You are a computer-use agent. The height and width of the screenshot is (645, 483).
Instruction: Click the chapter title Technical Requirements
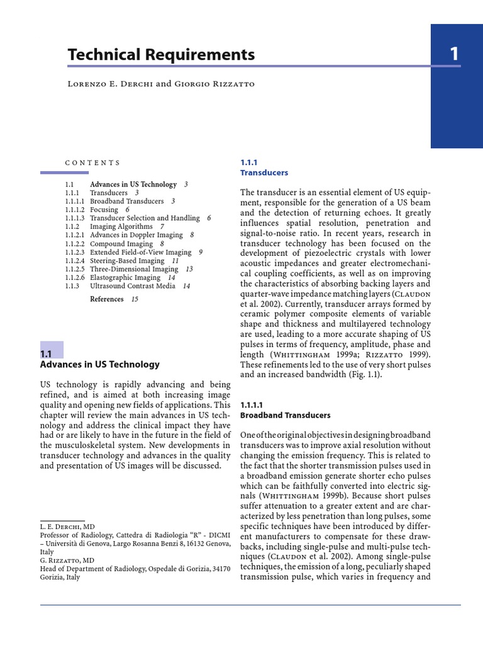point(161,55)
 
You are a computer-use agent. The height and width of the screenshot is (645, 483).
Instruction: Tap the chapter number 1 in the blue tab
point(454,55)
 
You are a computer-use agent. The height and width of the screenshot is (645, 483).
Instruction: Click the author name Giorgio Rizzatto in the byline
point(218,84)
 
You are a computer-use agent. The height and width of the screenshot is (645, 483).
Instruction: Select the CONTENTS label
point(92,163)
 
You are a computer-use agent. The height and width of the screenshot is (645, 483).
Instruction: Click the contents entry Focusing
point(104,210)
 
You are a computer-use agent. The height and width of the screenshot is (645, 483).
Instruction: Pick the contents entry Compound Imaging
point(121,244)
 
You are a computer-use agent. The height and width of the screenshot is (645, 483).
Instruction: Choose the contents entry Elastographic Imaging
point(125,277)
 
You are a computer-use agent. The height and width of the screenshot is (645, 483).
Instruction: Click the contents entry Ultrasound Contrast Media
point(133,286)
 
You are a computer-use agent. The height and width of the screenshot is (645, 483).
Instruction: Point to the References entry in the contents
point(107,299)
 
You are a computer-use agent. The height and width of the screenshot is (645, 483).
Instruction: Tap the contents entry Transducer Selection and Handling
point(145,218)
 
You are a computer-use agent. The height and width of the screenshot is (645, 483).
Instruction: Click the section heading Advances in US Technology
point(100,364)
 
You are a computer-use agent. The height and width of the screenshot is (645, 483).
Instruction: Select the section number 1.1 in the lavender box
point(46,354)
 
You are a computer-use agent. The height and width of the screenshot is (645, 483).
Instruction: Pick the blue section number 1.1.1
point(249,162)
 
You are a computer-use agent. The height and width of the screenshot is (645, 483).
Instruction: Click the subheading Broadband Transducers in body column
point(286,416)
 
